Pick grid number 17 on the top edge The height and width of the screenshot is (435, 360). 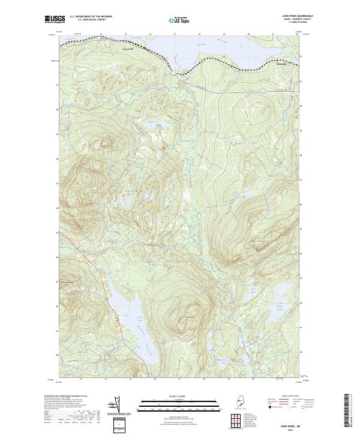point(174,34)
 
